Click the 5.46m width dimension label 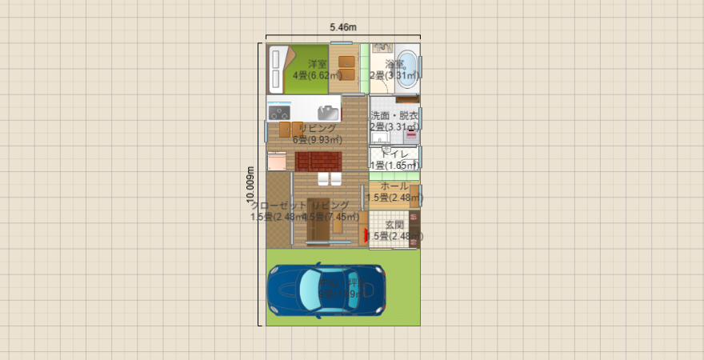pos(343,27)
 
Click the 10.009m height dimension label pos(250,184)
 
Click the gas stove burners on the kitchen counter pos(279,112)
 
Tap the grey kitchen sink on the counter pos(328,112)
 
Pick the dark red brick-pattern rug pos(318,162)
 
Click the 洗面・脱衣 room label pos(394,116)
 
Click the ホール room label pos(394,186)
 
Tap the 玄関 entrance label pos(394,225)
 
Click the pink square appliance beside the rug pos(276,162)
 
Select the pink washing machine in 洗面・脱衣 pos(411,134)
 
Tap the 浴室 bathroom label pos(394,64)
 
